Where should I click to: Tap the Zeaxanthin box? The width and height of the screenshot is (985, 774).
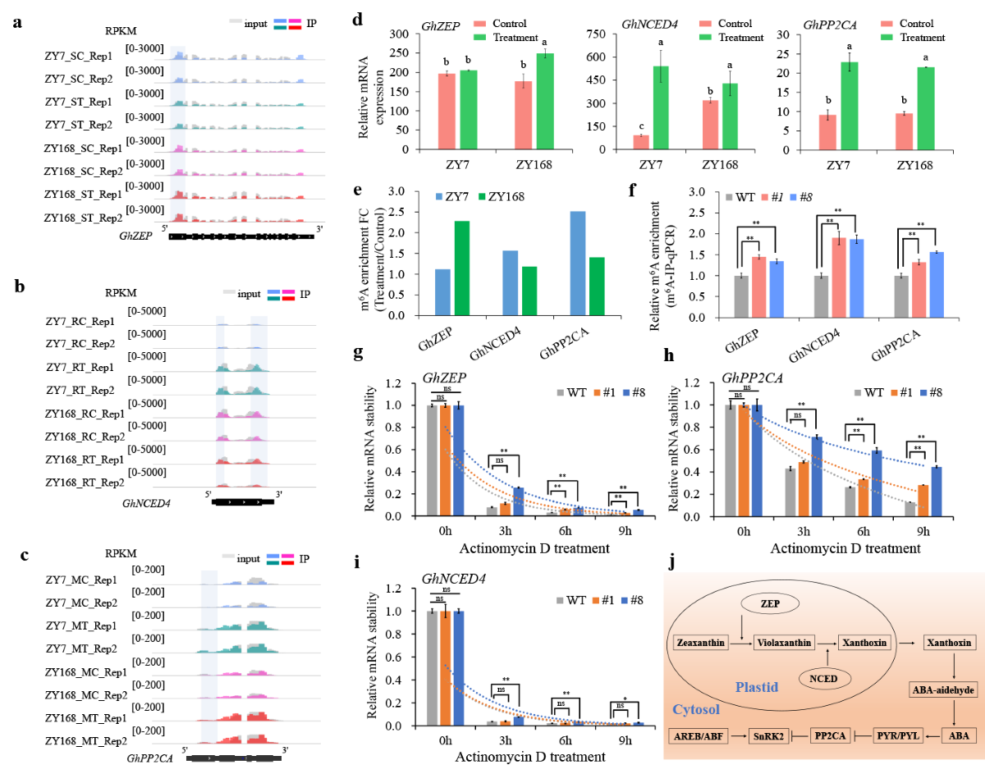point(700,643)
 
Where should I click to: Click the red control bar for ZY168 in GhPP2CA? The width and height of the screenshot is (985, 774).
point(903,131)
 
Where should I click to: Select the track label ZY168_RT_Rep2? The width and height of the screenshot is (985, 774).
point(85,482)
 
